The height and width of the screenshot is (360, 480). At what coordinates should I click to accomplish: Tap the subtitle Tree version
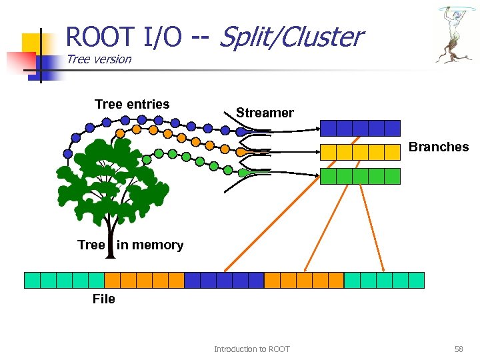[x=99, y=59]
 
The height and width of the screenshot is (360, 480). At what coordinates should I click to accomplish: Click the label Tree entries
[x=132, y=104]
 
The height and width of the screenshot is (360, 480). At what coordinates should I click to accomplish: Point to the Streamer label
[x=265, y=113]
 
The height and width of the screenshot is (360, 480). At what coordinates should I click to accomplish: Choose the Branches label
[x=438, y=147]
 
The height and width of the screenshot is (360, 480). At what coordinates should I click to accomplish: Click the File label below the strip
[x=103, y=299]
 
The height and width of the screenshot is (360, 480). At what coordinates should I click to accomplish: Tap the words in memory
[x=150, y=245]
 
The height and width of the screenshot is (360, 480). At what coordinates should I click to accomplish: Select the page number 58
[x=458, y=349]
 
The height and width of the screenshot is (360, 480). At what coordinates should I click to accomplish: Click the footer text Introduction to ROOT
[x=252, y=349]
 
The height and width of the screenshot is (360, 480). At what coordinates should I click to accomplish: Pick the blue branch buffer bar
[x=360, y=128]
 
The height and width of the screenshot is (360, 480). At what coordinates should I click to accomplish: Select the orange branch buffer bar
[x=360, y=152]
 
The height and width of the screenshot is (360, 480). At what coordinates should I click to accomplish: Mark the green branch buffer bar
[x=360, y=176]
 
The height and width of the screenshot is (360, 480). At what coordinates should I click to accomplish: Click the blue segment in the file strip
[x=224, y=280]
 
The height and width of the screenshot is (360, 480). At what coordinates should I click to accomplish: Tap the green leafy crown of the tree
[x=113, y=177]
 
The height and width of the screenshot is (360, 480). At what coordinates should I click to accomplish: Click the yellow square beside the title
[x=32, y=43]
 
